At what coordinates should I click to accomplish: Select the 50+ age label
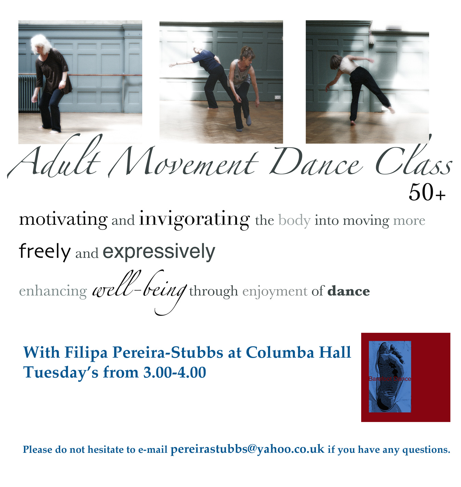tap(426, 193)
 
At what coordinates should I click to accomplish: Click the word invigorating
tap(194, 220)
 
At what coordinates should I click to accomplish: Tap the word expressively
tap(159, 252)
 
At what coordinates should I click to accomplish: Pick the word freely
tap(45, 252)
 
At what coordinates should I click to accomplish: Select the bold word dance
tap(348, 291)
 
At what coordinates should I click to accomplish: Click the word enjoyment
tap(275, 291)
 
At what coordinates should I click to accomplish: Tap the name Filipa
tap(86, 353)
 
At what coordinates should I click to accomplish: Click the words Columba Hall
tap(298, 352)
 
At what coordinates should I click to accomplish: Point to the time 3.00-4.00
tap(174, 372)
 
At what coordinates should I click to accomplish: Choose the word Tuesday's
tap(61, 373)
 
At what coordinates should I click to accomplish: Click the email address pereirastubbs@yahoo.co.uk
tap(247, 449)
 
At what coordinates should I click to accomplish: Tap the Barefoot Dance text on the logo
tap(389, 379)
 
